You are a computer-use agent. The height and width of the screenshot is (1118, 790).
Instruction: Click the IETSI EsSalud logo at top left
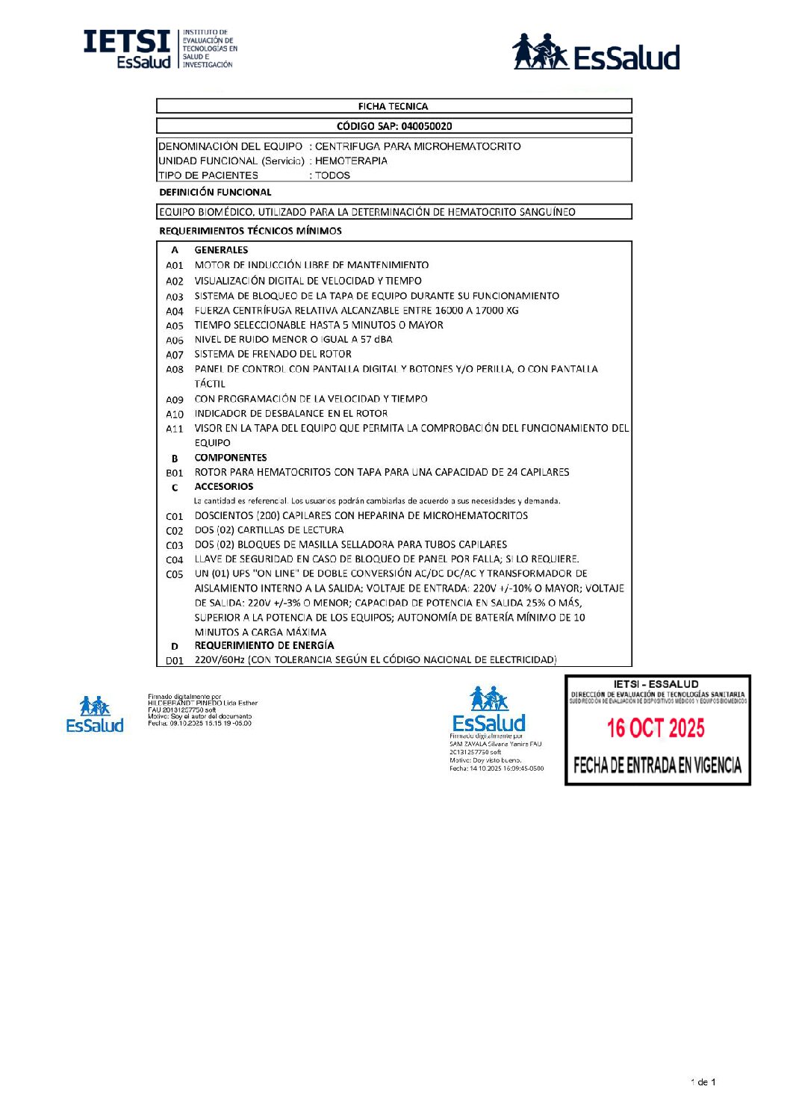pos(160,49)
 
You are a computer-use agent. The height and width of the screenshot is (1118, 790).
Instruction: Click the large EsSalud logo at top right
pos(596,52)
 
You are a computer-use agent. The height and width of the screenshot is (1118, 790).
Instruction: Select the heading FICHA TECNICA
pos(393,106)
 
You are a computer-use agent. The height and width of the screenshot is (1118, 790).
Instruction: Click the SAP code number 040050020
pos(426,126)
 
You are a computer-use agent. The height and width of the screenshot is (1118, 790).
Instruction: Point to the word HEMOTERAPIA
pos(351,161)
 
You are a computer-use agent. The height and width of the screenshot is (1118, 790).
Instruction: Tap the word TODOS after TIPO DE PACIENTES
pos(332,176)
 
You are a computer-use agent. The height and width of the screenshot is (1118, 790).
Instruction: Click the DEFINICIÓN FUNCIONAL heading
pos(215,193)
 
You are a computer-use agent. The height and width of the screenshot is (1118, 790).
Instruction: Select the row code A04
pos(175,311)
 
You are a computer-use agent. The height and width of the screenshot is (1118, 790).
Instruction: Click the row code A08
pos(175,370)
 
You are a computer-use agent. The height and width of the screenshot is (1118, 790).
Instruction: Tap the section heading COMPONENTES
pos(231,458)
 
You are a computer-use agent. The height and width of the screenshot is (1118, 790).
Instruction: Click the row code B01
pos(175,473)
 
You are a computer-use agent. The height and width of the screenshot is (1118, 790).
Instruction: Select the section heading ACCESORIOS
pos(224,487)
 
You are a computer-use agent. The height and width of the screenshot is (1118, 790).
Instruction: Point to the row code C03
pos(175,545)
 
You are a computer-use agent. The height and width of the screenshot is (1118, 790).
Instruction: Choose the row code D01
pos(175,661)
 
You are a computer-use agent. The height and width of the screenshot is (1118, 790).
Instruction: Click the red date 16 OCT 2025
pos(656,728)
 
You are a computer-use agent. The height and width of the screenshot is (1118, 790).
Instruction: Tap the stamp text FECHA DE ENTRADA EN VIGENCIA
pos(657,765)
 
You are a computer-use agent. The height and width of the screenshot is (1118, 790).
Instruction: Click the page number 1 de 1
pos(703,1082)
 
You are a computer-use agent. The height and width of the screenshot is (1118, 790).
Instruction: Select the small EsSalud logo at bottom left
pos(95,715)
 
